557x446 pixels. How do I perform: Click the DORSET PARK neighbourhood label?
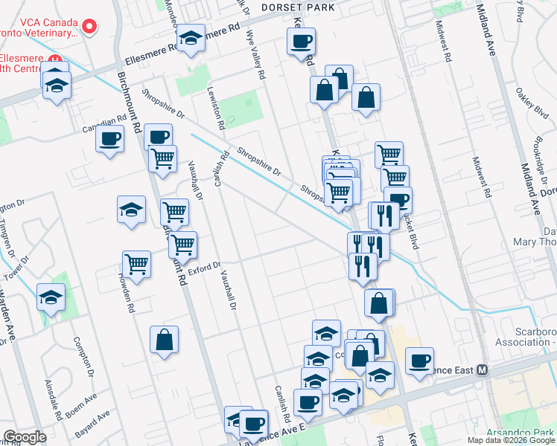(x=297, y=7)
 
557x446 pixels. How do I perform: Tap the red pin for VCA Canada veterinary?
(x=89, y=27)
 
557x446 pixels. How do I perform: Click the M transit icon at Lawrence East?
(x=482, y=369)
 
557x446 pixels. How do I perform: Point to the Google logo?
(x=25, y=437)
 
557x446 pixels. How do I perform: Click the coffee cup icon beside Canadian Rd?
(x=110, y=138)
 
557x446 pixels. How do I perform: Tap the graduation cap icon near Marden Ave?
(x=51, y=298)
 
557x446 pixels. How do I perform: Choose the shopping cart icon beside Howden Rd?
(x=136, y=263)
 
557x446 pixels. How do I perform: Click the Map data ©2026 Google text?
(x=511, y=440)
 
